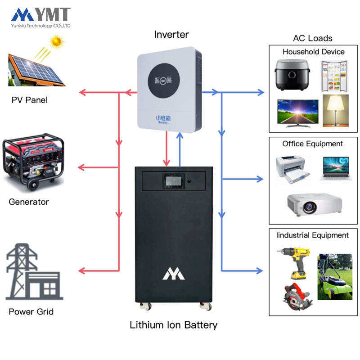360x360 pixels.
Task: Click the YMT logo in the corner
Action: tap(40, 18)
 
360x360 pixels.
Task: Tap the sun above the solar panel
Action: tap(56, 41)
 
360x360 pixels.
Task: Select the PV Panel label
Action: tap(29, 100)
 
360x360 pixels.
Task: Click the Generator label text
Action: tap(29, 202)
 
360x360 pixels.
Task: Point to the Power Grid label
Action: tap(31, 311)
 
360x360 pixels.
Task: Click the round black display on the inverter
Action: tap(164, 81)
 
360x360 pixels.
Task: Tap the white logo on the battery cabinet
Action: tap(173, 274)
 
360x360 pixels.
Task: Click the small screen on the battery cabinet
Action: tap(174, 181)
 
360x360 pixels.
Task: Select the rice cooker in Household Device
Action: tap(292, 75)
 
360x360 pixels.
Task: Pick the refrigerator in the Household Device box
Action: tap(334, 76)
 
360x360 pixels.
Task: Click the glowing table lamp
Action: tap(335, 111)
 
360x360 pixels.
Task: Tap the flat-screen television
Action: tap(298, 113)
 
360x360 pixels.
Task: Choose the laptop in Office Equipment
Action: tap(336, 168)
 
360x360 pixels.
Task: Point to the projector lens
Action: tap(309, 207)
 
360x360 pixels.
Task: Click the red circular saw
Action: tap(297, 297)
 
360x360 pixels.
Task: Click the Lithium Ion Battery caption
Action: tap(174, 325)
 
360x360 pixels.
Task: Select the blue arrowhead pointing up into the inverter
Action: tap(180, 136)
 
